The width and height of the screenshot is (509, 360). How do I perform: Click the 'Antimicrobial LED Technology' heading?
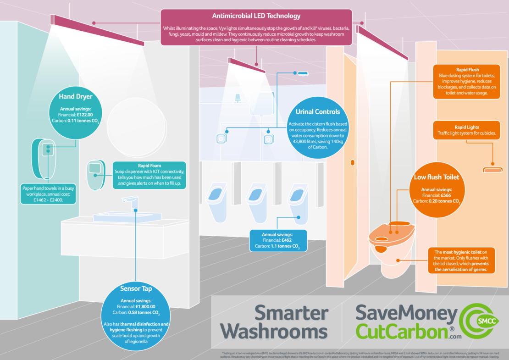coord(256,16)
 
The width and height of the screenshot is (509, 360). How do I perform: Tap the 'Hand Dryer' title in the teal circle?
coord(76,97)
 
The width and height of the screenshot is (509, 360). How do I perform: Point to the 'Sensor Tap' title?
coord(136,288)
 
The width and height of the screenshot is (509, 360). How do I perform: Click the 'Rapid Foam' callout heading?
coord(149,166)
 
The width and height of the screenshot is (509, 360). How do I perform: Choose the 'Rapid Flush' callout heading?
coord(467,70)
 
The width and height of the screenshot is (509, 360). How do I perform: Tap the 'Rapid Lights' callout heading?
coord(467,127)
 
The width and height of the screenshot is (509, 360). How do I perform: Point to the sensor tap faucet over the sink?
coord(131,202)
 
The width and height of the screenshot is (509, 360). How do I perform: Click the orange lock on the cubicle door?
coord(352,162)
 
